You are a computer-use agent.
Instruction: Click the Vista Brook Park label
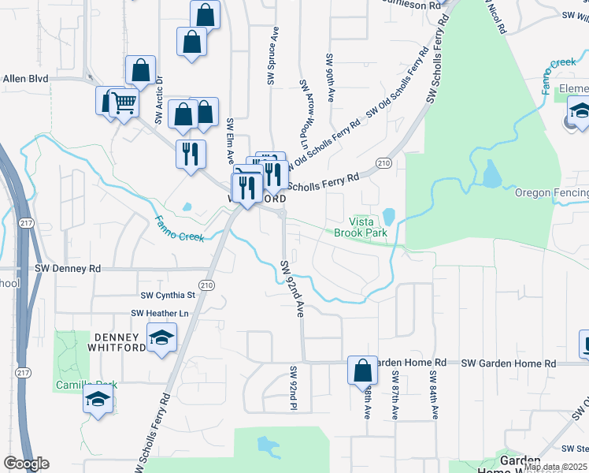[x=361, y=228]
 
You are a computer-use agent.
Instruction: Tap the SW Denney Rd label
[x=68, y=269]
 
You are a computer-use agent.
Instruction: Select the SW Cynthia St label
[x=167, y=296]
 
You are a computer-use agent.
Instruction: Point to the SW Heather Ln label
[x=161, y=313]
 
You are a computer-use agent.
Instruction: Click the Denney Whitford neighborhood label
[x=120, y=343]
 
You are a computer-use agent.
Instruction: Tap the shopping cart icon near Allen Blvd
[x=123, y=102]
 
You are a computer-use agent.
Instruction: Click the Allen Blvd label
[x=26, y=79]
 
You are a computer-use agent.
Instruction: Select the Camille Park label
[x=85, y=385]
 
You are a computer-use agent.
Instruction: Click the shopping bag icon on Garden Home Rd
[x=362, y=370]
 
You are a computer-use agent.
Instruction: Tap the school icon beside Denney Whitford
[x=162, y=339]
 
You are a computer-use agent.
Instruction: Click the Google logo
[x=26, y=464]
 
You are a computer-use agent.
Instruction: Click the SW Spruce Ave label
[x=273, y=57]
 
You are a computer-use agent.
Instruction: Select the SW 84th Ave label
[x=432, y=393]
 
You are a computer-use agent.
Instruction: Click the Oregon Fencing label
[x=552, y=193]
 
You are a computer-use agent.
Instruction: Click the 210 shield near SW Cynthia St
[x=206, y=285]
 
